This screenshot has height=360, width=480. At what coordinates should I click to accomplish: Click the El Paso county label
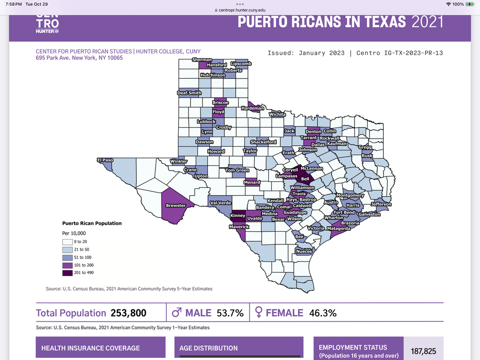tap(105, 160)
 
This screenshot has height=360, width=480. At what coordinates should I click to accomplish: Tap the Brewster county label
tap(175, 206)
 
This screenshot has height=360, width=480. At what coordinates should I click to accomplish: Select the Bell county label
tap(305, 179)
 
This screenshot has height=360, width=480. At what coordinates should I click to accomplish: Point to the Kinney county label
tap(238, 216)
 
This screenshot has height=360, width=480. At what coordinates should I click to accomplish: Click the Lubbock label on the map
tap(206, 121)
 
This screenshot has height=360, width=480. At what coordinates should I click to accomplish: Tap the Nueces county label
tap(304, 252)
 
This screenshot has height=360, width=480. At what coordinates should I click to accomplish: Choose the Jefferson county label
tap(381, 204)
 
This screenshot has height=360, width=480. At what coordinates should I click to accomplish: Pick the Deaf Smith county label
tap(189, 93)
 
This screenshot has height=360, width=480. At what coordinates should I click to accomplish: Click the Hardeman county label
tap(252, 108)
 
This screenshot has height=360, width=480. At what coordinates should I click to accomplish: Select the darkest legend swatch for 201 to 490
tap(67, 273)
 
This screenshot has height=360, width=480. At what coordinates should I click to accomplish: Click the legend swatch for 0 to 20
tap(67, 242)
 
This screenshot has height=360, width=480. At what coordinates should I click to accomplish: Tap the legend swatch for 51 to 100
tap(67, 257)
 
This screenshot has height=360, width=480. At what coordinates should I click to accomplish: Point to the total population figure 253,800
tap(127, 313)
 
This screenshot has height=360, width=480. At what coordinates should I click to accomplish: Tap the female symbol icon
tap(259, 313)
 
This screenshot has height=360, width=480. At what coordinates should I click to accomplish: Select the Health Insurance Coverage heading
tap(90, 348)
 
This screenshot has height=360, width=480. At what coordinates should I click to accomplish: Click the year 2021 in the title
tap(427, 21)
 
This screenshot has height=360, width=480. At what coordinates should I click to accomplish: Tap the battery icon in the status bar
tap(470, 4)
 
